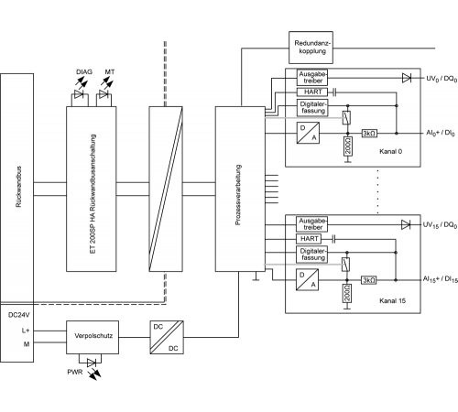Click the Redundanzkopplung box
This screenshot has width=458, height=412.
click(x=311, y=48)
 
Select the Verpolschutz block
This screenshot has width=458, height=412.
click(x=93, y=337)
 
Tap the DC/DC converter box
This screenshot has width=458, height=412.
click(x=167, y=337)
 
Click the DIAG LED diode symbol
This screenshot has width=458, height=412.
click(x=79, y=94)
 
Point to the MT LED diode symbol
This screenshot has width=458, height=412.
click(x=104, y=94)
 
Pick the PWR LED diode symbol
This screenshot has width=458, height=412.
click(x=92, y=363)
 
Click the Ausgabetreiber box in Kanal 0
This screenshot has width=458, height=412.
click(x=312, y=78)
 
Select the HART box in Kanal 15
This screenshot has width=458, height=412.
click(x=309, y=239)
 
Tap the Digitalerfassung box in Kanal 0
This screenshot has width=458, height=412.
click(x=312, y=107)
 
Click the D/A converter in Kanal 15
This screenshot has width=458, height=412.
click(x=307, y=279)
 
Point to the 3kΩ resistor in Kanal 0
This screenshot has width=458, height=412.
click(x=369, y=134)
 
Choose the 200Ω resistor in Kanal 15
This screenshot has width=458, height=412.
click(x=347, y=293)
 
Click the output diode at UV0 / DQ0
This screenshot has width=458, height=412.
click(x=407, y=78)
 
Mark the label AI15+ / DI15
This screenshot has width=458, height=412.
click(x=441, y=279)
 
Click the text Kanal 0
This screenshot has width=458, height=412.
click(x=390, y=151)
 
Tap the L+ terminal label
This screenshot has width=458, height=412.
click(x=26, y=331)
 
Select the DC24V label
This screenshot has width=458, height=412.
click(x=19, y=315)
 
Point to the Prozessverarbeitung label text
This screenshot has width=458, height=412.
click(x=238, y=195)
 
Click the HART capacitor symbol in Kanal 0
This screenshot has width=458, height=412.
click(x=334, y=92)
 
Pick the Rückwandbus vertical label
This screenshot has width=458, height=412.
click(x=18, y=187)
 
